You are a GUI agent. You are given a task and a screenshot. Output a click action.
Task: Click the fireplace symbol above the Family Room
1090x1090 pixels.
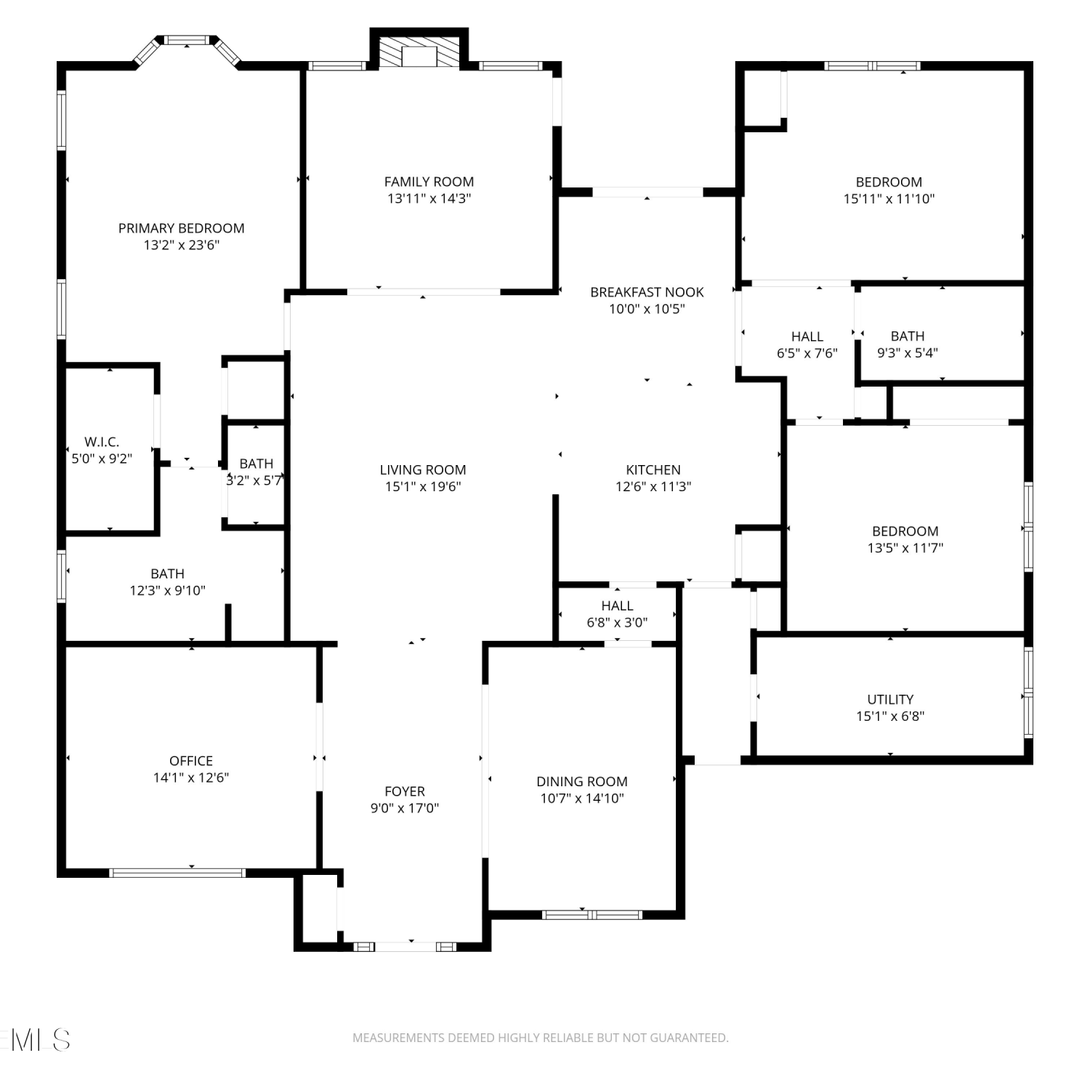pyautogui.click(x=419, y=51)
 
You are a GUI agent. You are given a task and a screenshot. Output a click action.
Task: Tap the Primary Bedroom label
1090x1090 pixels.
pyautogui.click(x=182, y=228)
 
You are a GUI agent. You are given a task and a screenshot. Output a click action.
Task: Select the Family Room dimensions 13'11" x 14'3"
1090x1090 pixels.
pyautogui.click(x=429, y=198)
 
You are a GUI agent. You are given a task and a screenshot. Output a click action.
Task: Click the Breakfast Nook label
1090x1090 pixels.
pyautogui.click(x=647, y=292)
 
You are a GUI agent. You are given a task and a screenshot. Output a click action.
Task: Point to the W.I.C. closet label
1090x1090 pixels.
pyautogui.click(x=102, y=442)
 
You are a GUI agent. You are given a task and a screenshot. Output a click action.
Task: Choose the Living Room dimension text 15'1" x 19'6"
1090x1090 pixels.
pyautogui.click(x=423, y=487)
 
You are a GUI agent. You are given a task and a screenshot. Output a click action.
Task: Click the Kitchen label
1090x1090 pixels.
pyautogui.click(x=653, y=470)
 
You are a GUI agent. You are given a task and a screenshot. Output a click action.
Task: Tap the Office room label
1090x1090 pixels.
pyautogui.click(x=191, y=761)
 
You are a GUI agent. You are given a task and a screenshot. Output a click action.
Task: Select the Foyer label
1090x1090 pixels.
pyautogui.click(x=405, y=791)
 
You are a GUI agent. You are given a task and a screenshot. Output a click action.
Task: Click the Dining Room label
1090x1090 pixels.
pyautogui.click(x=582, y=782)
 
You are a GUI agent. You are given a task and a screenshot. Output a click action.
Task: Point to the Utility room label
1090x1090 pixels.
pyautogui.click(x=890, y=699)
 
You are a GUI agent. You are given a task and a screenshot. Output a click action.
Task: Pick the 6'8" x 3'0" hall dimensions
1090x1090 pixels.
pyautogui.click(x=617, y=623)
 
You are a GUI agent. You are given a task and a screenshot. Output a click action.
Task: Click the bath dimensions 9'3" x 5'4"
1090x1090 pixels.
pyautogui.click(x=908, y=353)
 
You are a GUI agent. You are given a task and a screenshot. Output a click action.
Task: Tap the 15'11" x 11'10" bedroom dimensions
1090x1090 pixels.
pyautogui.click(x=889, y=199)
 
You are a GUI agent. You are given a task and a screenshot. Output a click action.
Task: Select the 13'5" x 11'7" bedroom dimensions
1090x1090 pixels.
pyautogui.click(x=905, y=548)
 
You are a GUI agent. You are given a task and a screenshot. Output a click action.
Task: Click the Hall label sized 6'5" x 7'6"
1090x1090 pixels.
pyautogui.click(x=807, y=336)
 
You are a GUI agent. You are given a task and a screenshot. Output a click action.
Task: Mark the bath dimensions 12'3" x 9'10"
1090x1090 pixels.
pyautogui.click(x=168, y=591)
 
